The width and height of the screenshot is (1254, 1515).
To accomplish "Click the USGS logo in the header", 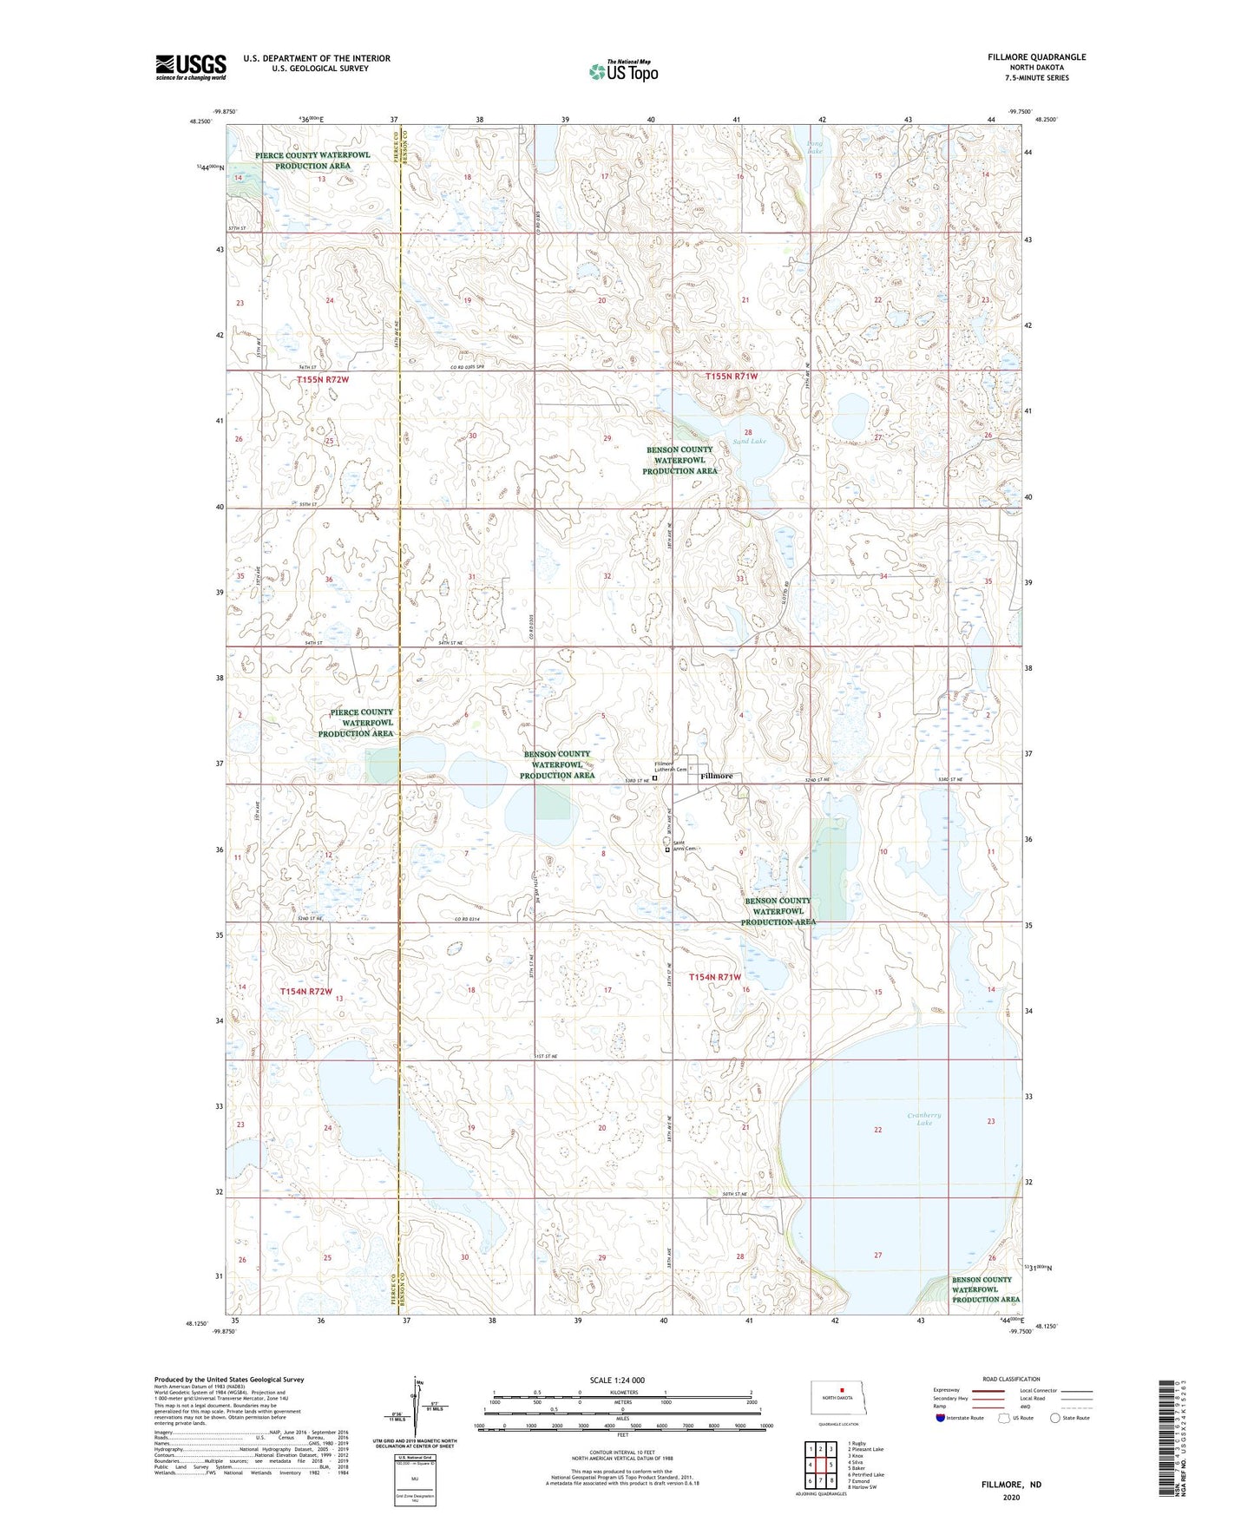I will [191, 67].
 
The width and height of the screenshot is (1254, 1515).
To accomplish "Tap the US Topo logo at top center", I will [623, 71].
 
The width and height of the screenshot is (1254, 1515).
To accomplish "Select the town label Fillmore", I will [717, 776].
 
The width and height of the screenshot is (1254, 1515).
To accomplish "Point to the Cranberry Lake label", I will [923, 1118].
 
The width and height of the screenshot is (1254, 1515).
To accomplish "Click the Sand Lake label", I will [749, 441].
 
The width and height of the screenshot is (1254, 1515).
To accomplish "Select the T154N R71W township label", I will [716, 977].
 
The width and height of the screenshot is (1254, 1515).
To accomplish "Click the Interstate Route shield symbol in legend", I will [942, 1418].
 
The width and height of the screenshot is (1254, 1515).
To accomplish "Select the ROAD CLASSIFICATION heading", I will [1011, 1379].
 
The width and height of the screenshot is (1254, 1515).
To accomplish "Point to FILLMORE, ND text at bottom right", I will [1011, 1485].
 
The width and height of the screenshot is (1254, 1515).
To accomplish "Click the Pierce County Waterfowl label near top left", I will [312, 161].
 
